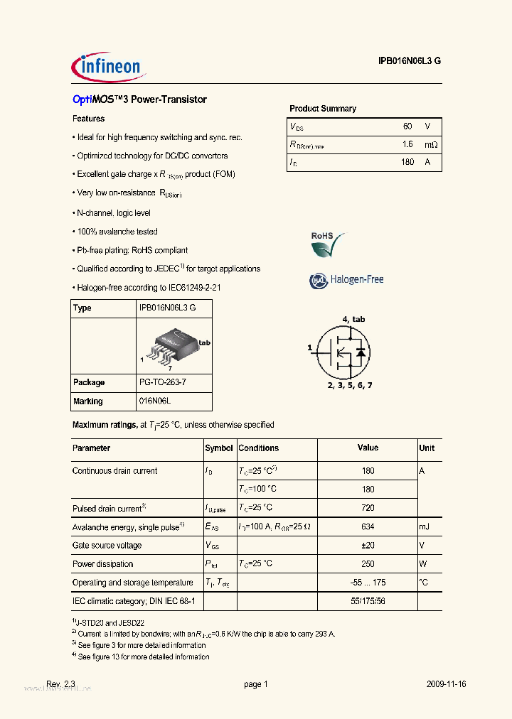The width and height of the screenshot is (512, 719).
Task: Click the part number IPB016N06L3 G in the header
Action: click(x=410, y=61)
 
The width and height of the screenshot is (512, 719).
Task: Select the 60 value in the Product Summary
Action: click(x=407, y=126)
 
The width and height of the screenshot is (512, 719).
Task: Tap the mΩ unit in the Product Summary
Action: click(x=430, y=144)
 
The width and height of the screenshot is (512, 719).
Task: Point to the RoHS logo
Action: click(x=328, y=245)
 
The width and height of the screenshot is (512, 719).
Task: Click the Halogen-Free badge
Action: click(x=346, y=280)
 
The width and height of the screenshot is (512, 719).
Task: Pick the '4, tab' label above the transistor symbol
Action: click(x=353, y=319)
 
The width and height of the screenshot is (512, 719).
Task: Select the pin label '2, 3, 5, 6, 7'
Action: click(x=349, y=385)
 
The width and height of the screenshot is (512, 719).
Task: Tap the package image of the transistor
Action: click(x=171, y=345)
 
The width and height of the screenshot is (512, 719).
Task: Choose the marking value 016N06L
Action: click(x=156, y=401)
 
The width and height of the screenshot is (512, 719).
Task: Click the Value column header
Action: click(x=367, y=448)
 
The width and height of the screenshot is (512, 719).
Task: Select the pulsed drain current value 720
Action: click(x=367, y=508)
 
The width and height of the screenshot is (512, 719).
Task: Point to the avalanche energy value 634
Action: click(x=367, y=526)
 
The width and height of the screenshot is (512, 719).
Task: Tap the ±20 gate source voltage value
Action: click(x=367, y=545)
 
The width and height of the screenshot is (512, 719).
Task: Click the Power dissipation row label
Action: click(x=103, y=564)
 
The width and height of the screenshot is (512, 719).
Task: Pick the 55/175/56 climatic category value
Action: click(x=367, y=601)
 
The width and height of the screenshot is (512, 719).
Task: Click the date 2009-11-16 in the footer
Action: click(x=447, y=684)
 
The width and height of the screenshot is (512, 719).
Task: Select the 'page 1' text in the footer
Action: click(x=255, y=684)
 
